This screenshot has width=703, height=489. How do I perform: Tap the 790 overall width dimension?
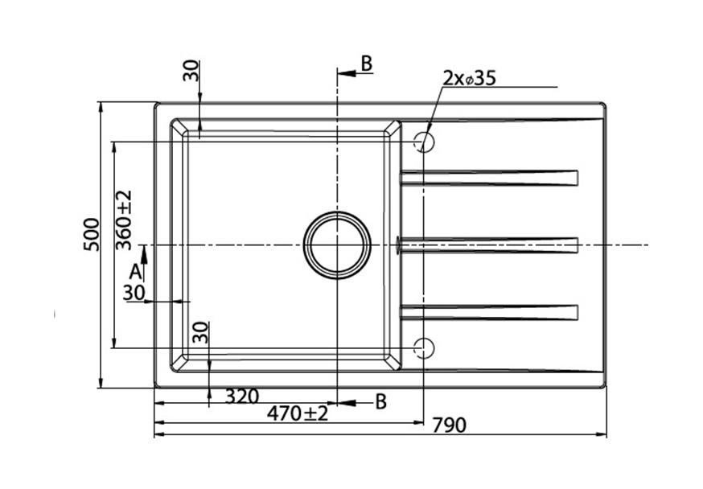[x=449, y=425]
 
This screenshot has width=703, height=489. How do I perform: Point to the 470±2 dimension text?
[x=298, y=413]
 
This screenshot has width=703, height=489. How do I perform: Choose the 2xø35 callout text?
[x=468, y=78]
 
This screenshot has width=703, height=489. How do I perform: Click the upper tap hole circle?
[x=423, y=142]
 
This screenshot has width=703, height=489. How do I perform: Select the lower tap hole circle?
[x=423, y=347]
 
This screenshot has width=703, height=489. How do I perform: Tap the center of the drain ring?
[x=337, y=244]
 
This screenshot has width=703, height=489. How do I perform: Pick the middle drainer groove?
[x=488, y=244]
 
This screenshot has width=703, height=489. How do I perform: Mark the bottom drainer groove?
[x=488, y=312]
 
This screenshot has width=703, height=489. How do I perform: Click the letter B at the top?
[x=367, y=64]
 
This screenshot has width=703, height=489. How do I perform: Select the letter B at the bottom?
[x=381, y=401]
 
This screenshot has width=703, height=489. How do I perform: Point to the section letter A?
[x=134, y=272]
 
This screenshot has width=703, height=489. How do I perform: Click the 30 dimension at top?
[x=191, y=70]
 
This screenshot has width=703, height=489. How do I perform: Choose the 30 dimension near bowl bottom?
[x=202, y=332]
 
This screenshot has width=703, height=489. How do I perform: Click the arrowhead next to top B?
[x=346, y=73]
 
